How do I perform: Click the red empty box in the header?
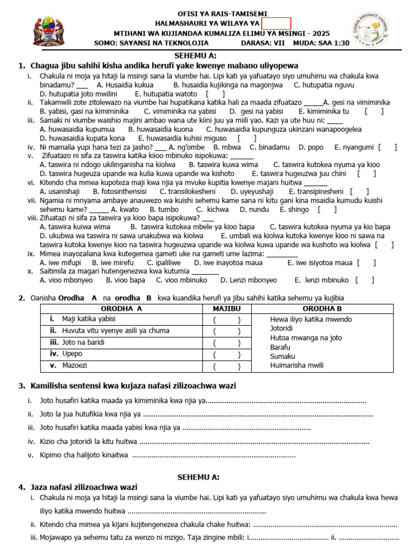point(276,23)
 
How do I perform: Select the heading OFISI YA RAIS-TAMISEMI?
point(222,14)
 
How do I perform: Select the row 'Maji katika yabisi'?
point(89,319)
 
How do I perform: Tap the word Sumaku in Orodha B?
point(283,356)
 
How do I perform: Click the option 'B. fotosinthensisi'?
point(120,191)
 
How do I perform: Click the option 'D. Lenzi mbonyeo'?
point(249,280)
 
